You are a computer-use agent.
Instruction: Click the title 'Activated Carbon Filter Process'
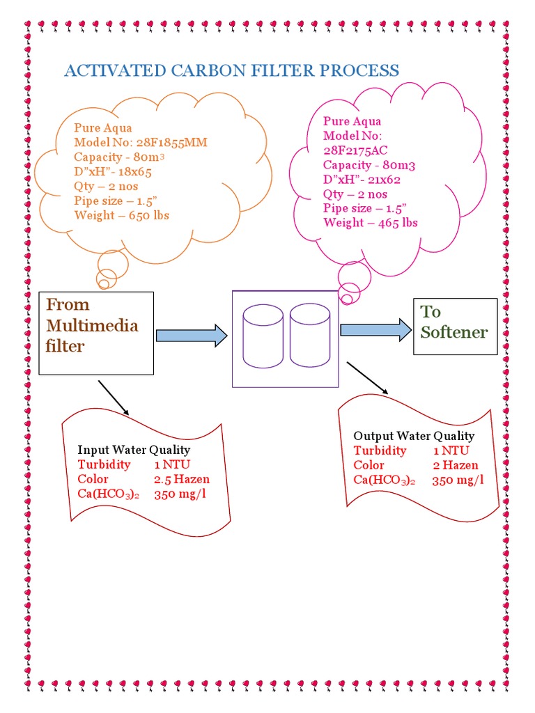(231, 70)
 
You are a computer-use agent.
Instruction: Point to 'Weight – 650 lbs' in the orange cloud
(121, 215)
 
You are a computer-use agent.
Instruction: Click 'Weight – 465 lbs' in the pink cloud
(371, 223)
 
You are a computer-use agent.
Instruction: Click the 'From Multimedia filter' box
(96, 333)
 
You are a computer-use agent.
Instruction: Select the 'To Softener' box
(455, 327)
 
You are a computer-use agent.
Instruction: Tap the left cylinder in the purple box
(263, 336)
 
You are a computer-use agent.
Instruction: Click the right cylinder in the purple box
(310, 336)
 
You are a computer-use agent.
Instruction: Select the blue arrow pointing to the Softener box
(375, 329)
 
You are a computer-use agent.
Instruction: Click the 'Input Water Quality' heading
(134, 450)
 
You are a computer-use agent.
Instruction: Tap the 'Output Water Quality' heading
(414, 436)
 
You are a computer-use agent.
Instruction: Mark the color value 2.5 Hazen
(182, 479)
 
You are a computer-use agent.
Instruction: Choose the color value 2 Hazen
(455, 465)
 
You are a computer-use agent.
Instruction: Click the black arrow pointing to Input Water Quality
(114, 398)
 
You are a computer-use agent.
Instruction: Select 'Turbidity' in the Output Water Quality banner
(380, 450)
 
